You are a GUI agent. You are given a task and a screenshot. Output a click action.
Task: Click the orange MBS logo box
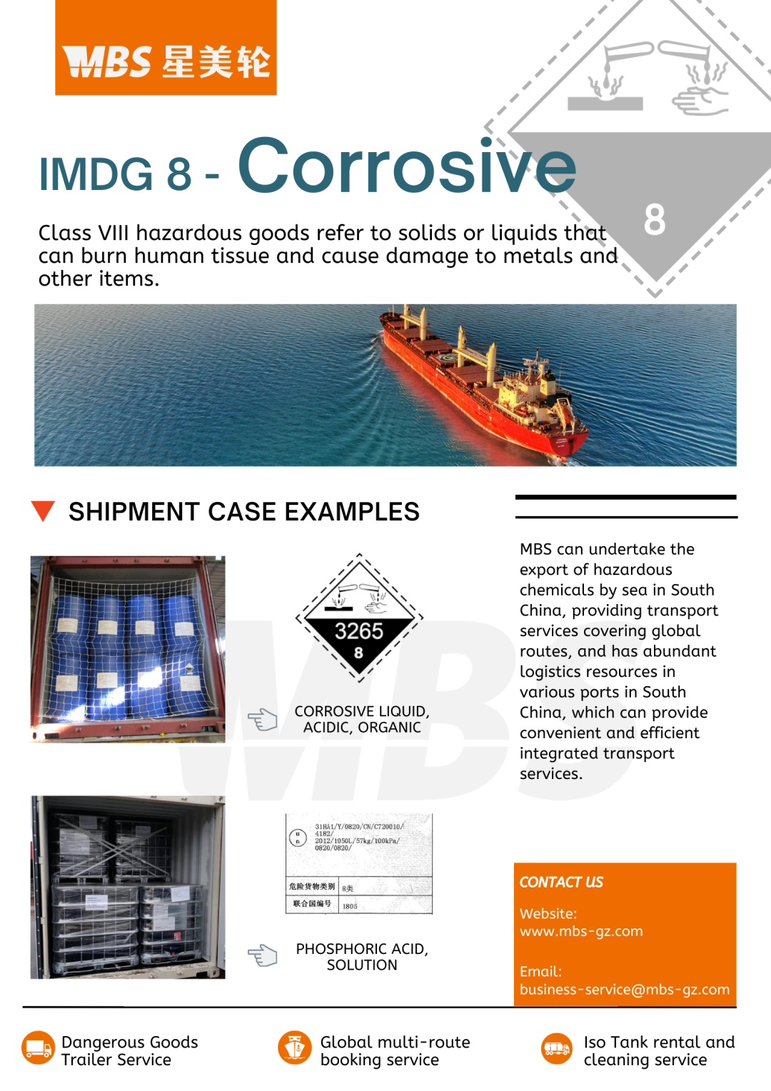[166, 48]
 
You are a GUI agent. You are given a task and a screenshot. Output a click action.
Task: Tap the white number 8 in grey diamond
[654, 219]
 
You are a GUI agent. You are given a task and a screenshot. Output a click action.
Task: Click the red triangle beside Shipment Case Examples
[44, 511]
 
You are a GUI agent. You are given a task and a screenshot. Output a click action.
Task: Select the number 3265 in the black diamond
[359, 631]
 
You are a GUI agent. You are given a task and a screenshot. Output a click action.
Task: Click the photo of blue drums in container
[128, 649]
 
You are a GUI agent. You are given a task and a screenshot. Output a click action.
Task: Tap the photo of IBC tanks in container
[128, 887]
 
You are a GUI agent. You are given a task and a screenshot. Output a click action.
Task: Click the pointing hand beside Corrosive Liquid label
[262, 719]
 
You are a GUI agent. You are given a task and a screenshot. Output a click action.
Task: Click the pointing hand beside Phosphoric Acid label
[262, 955]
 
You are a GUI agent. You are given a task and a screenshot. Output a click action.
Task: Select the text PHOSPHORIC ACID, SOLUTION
[362, 957]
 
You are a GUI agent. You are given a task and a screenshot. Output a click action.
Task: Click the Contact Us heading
[561, 883]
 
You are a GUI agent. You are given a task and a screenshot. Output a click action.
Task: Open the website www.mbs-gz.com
[581, 931]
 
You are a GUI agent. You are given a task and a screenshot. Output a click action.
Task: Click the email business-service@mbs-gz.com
[625, 990]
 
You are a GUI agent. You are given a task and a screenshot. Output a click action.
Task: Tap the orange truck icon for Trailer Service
[38, 1048]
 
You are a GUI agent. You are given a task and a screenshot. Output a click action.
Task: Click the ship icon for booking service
[295, 1048]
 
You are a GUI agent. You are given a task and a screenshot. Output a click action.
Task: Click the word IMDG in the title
[96, 174]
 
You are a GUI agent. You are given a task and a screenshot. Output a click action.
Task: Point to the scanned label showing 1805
[359, 864]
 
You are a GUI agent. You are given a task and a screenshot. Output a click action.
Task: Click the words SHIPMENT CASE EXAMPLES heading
[244, 511]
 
